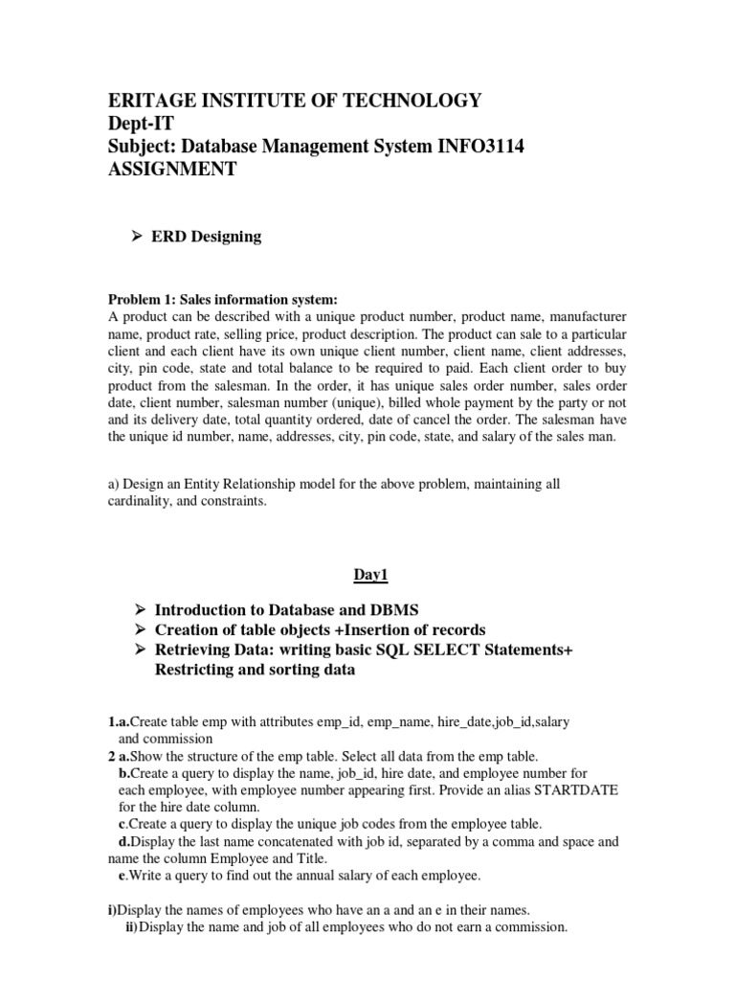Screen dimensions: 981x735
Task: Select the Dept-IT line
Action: [x=143, y=124]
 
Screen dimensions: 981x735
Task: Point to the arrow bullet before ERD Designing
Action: [x=137, y=237]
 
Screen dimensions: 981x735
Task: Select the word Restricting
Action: [x=201, y=670]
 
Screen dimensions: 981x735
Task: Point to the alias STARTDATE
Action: [x=576, y=789]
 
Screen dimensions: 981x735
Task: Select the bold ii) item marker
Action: [x=132, y=927]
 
